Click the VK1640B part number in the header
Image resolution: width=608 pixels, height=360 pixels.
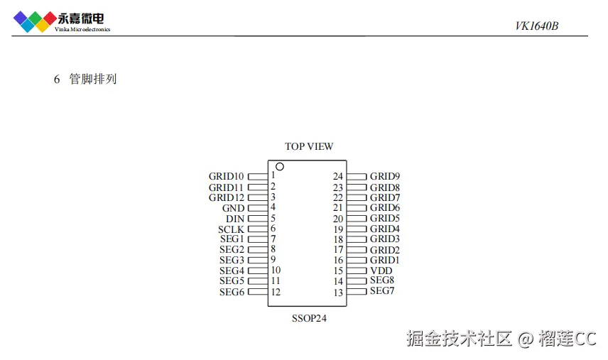coord(537,26)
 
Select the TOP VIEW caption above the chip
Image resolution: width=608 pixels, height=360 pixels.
coord(309,147)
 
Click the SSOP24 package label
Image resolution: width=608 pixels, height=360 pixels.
coord(309,319)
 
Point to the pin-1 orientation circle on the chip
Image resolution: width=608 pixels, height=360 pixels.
coord(280,167)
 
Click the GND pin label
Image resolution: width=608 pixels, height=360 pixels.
coord(233,208)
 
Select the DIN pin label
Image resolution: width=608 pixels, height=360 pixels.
coord(235,219)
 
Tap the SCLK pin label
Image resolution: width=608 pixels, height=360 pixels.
coord(232,229)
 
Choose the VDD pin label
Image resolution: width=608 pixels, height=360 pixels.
coord(381,271)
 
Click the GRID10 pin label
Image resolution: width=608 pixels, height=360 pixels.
coord(227,176)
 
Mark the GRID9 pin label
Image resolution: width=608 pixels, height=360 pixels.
coord(385,176)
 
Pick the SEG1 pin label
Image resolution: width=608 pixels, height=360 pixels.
coord(232,239)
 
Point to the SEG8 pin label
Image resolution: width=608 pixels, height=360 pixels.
coord(382,280)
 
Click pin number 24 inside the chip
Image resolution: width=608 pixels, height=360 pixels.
coord(338,176)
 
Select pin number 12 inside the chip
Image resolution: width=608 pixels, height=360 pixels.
coord(276,292)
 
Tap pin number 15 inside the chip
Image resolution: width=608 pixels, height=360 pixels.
coord(338,271)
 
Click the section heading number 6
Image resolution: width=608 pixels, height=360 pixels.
coord(57,79)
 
